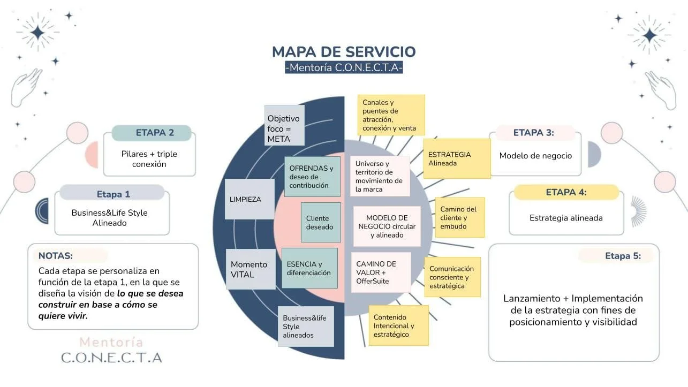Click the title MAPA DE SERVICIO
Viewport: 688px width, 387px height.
click(x=344, y=52)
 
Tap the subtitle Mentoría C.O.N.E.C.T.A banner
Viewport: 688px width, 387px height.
click(x=344, y=68)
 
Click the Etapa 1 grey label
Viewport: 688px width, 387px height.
click(x=112, y=194)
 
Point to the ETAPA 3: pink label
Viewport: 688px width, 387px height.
click(x=534, y=133)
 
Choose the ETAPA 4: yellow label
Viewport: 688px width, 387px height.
click(x=566, y=192)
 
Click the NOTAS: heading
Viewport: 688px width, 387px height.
click(x=56, y=256)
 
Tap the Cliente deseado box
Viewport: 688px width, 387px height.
click(x=320, y=222)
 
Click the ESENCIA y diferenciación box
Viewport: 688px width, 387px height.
click(x=309, y=268)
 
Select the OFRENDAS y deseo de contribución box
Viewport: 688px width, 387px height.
click(x=312, y=176)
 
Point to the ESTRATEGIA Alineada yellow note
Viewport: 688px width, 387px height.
click(x=456, y=158)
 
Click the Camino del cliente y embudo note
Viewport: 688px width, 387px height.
click(x=459, y=217)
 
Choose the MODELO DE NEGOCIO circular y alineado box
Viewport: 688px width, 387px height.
click(x=387, y=226)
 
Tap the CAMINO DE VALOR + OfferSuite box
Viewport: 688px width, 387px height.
click(x=381, y=272)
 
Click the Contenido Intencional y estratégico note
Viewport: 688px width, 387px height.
click(x=398, y=325)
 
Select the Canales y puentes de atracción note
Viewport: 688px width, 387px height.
click(x=391, y=115)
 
